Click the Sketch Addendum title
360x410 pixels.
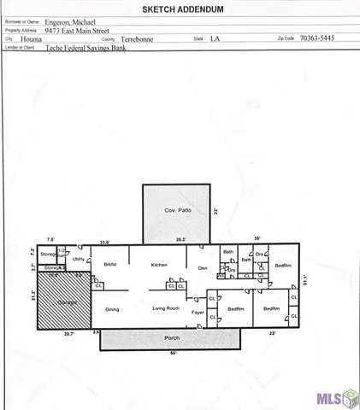coord(180,9)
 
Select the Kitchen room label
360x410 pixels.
coord(159,266)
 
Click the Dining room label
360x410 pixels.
coord(112,309)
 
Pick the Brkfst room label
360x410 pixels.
coord(109,266)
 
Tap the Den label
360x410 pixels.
coord(203,268)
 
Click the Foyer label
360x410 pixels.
coord(198,313)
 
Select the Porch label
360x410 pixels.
coord(173,338)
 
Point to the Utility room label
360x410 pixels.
coord(78,259)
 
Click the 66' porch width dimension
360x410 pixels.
coord(173,354)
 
